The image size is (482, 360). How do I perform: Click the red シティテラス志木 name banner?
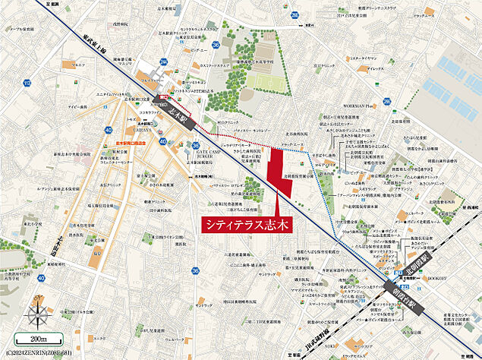[246, 225]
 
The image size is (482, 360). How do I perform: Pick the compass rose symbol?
[36, 314]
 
